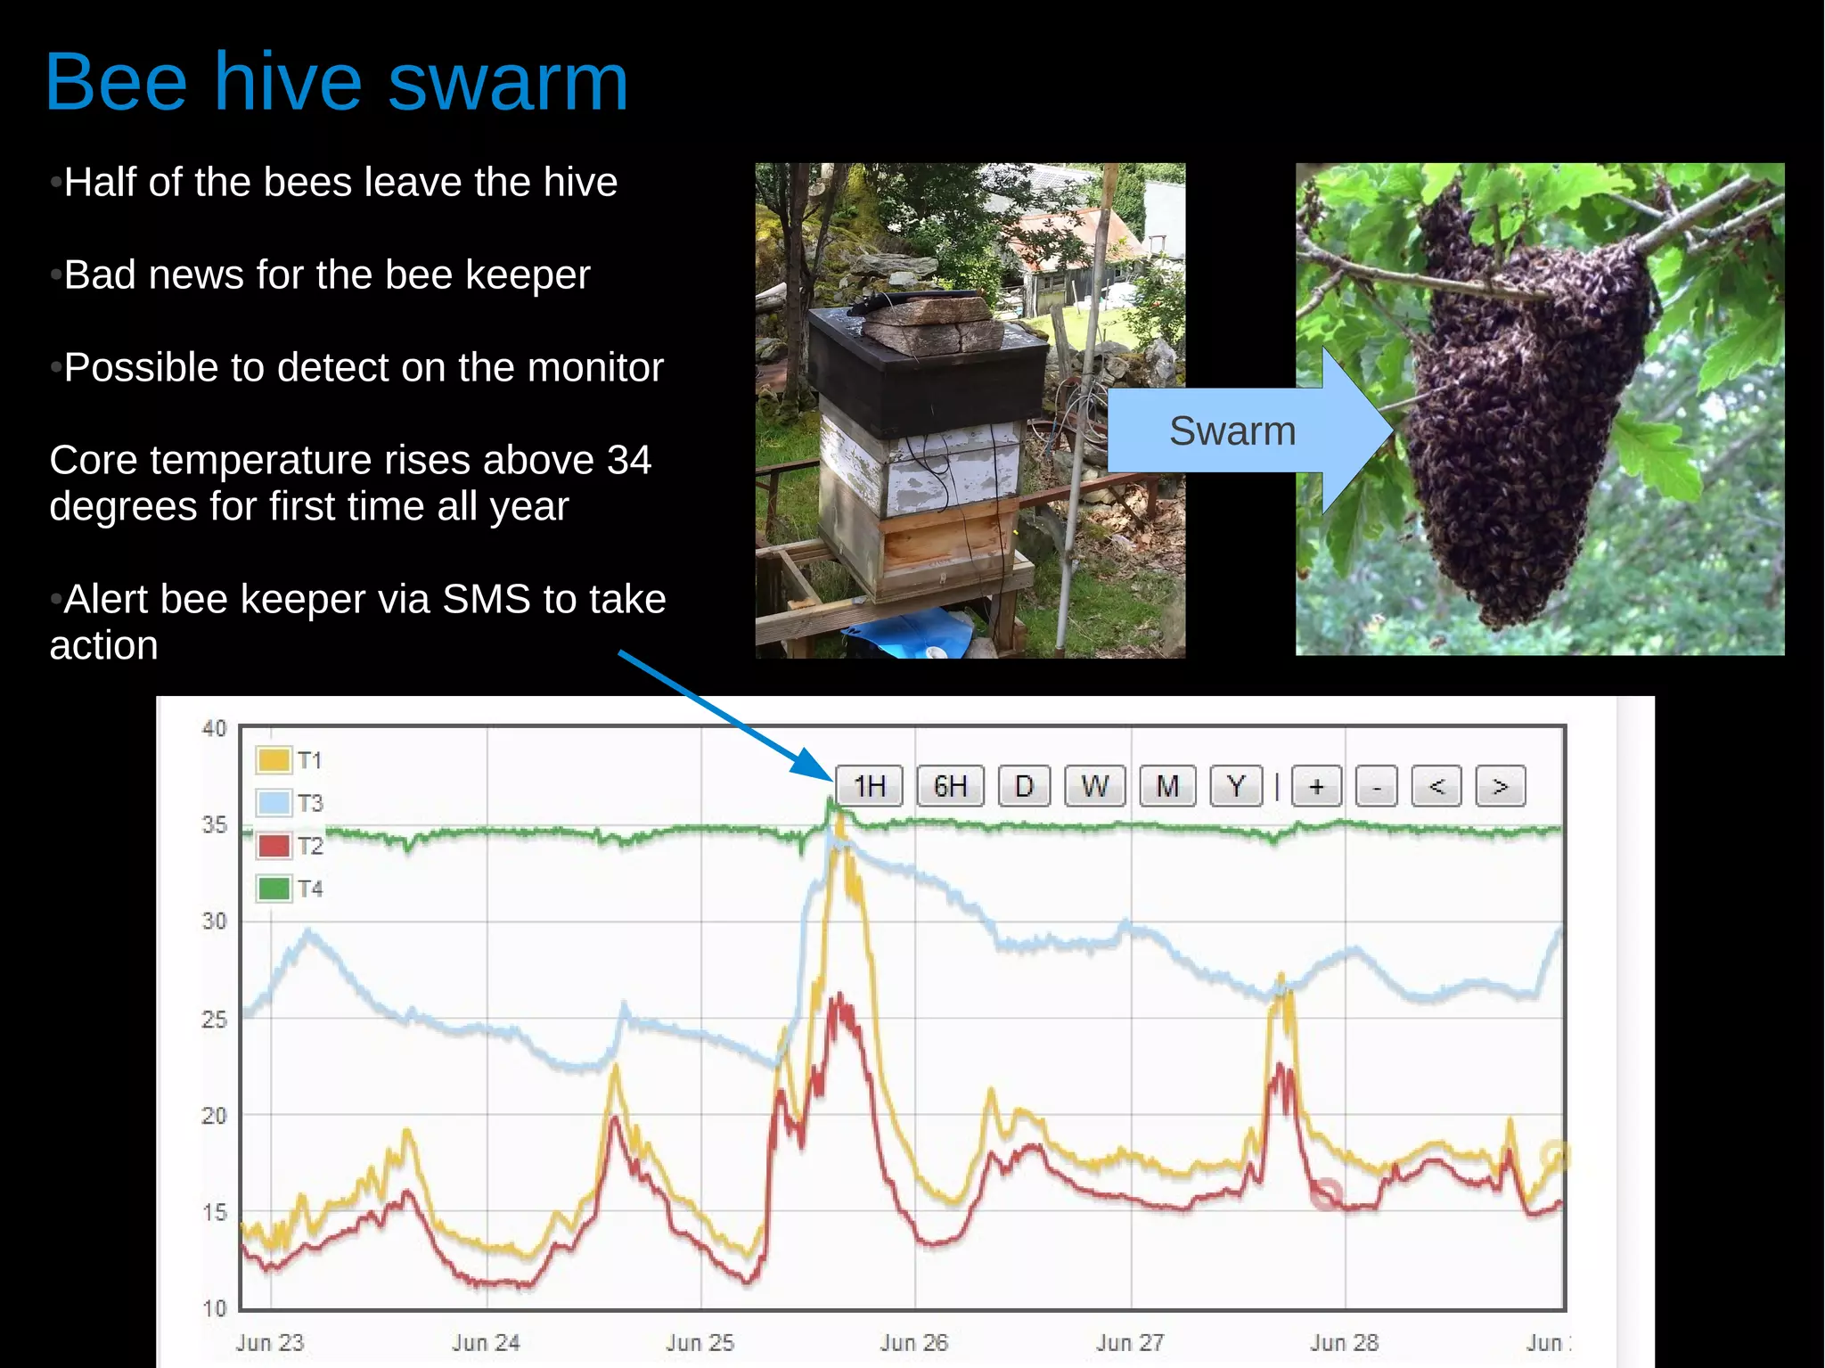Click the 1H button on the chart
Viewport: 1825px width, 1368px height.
[869, 786]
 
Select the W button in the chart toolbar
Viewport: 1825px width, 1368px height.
[1094, 786]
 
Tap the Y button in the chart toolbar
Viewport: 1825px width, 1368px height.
[1235, 786]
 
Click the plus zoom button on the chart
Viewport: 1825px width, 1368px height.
[1316, 786]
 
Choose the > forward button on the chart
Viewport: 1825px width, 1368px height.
[1500, 786]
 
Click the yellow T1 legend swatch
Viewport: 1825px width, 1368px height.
[274, 760]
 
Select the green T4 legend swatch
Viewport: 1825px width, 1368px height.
[274, 889]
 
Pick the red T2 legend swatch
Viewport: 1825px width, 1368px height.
[274, 846]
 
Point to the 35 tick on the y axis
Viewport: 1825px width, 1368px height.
[214, 825]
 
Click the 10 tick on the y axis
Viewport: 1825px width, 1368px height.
[214, 1308]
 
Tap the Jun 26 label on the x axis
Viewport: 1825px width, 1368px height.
[914, 1342]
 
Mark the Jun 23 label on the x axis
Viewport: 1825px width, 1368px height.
[270, 1342]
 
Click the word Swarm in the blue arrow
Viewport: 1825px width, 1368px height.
[1232, 431]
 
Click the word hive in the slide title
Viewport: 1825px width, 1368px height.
[287, 82]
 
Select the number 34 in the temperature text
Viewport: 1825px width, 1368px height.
[629, 461]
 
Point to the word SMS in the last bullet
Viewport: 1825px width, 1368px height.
[487, 600]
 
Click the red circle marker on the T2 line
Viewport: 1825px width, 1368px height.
[1326, 1194]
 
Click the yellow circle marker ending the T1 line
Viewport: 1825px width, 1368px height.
[1555, 1156]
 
